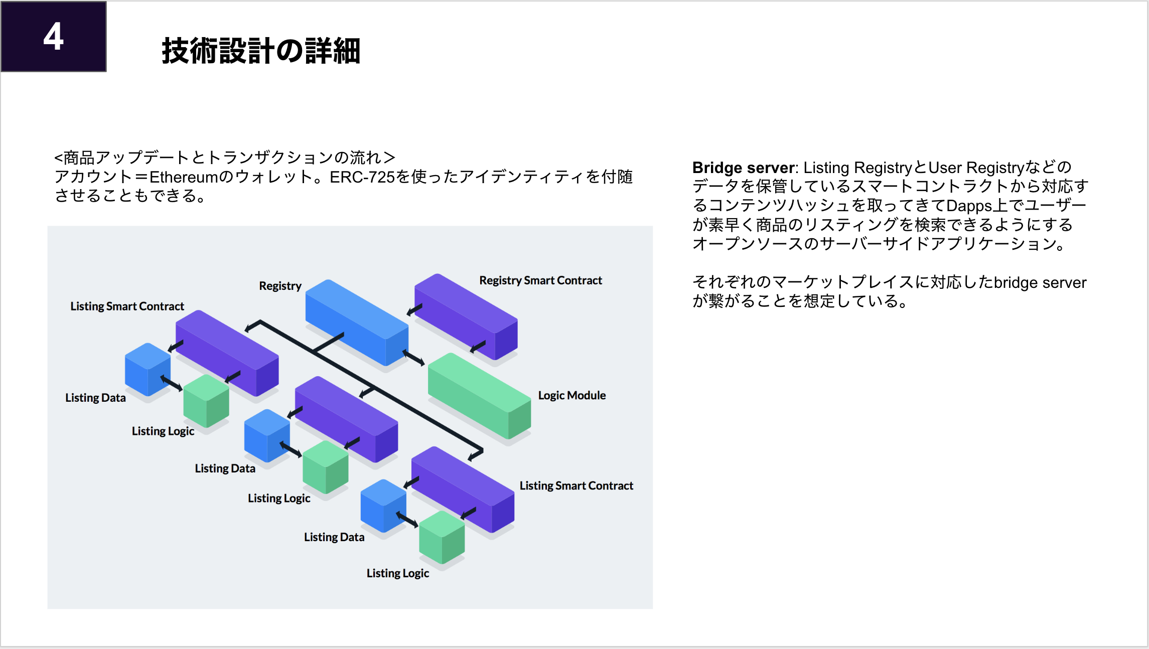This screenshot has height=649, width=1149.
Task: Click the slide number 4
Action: point(53,36)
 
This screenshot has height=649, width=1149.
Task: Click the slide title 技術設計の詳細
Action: point(261,51)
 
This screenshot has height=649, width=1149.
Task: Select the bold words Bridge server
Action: point(743,168)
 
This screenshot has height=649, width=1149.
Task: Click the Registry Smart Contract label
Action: point(540,280)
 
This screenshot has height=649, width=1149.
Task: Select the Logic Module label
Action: point(571,395)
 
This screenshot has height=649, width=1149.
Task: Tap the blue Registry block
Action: point(356,321)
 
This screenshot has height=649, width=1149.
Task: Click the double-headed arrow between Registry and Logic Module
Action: point(414,358)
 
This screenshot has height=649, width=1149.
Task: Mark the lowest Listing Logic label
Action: point(397,573)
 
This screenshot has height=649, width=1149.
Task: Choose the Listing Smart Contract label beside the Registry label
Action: point(127,306)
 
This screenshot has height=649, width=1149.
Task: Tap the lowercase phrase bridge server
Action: point(1040,282)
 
